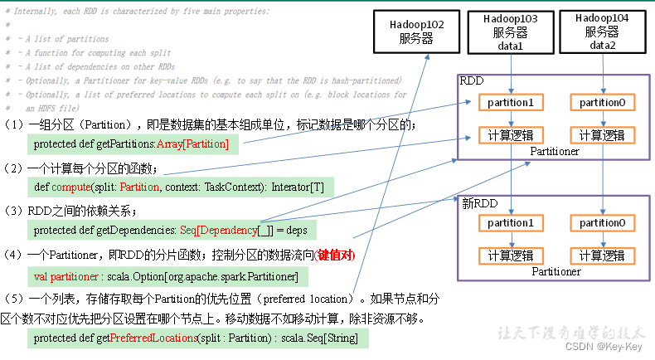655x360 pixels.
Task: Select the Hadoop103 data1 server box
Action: pyautogui.click(x=510, y=31)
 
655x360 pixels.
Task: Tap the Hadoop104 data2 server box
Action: pyautogui.click(x=602, y=31)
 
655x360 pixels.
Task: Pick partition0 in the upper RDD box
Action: pyautogui.click(x=602, y=103)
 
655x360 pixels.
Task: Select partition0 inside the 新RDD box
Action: pyautogui.click(x=602, y=223)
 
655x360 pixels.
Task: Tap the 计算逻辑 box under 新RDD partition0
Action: pyautogui.click(x=602, y=255)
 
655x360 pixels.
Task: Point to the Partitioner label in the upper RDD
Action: pyautogui.click(x=556, y=152)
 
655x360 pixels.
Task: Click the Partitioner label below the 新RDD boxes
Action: pyautogui.click(x=556, y=271)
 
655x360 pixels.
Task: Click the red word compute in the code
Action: pyautogui.click(x=70, y=187)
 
